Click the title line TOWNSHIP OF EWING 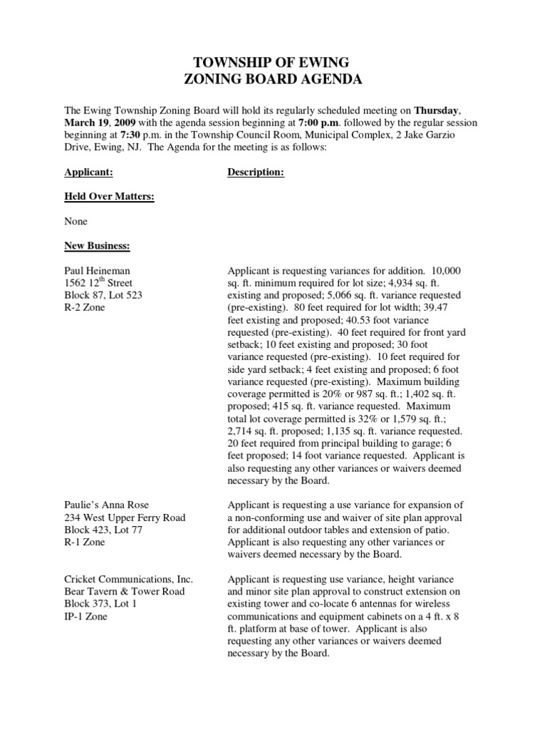[x=273, y=63]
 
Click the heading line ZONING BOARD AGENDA [x=273, y=80]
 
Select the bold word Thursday [x=437, y=110]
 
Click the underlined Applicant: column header [x=89, y=172]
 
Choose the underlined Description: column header [x=256, y=172]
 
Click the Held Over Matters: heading [x=109, y=197]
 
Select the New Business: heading [x=97, y=246]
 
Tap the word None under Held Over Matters [x=76, y=222]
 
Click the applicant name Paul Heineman [x=97, y=271]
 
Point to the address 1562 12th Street [x=103, y=283]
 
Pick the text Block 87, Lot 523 [x=103, y=295]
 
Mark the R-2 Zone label [x=84, y=308]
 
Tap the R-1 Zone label [x=84, y=543]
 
